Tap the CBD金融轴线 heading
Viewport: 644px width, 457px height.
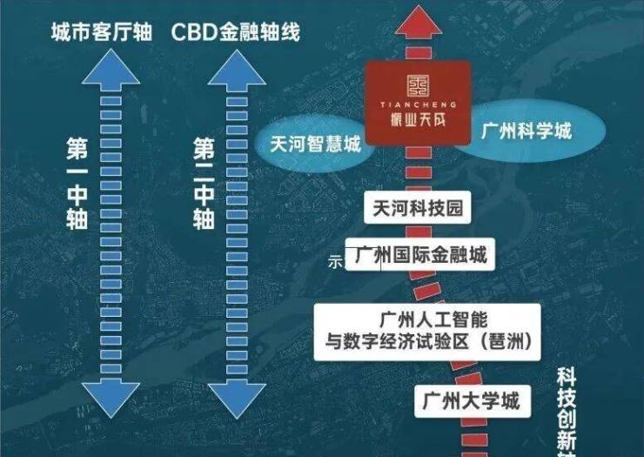coord(236,32)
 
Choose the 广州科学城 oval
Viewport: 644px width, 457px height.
coord(527,132)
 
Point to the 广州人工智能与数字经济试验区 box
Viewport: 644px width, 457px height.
coord(426,330)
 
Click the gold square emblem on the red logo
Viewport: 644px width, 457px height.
coord(419,84)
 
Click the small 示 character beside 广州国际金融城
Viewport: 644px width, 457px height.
coord(336,260)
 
